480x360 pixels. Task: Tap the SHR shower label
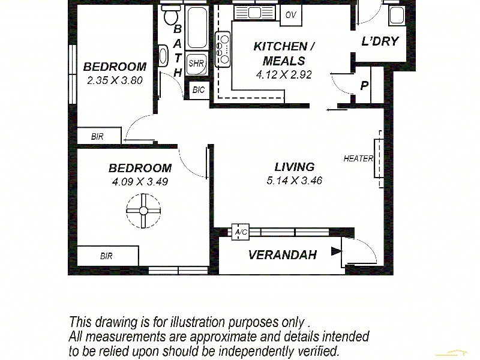coord(196,62)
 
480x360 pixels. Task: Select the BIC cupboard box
coord(199,90)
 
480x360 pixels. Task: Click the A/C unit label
coord(241,232)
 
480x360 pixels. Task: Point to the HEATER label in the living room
coord(358,159)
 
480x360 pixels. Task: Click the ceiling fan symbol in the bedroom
coord(143,211)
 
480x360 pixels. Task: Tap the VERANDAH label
coord(282,255)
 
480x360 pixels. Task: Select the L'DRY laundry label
coord(380,41)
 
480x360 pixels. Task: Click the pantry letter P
coord(364,86)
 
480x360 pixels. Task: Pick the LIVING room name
coord(295,167)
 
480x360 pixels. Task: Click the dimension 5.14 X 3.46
coord(295,180)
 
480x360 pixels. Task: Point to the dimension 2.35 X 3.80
coord(115,79)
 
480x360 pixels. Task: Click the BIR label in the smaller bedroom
coord(97,137)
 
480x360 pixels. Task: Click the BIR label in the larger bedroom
coord(106,256)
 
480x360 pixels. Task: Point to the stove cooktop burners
coord(223,48)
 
